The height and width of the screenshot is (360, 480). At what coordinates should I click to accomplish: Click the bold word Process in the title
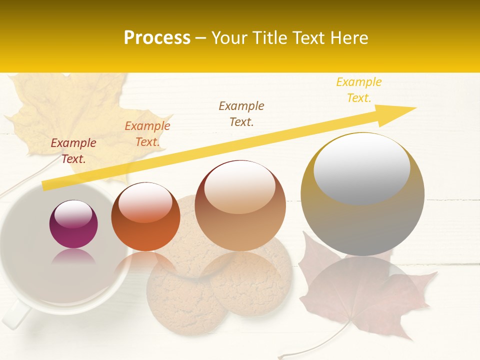(x=157, y=38)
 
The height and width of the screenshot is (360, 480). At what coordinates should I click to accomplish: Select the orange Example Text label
(x=147, y=134)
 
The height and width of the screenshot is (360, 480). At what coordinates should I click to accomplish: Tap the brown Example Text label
(x=241, y=113)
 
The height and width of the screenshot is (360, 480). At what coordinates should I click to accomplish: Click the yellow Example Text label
(x=359, y=89)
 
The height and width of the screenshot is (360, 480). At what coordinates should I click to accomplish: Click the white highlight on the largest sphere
(x=361, y=167)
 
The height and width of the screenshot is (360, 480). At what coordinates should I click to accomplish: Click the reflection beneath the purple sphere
(x=73, y=257)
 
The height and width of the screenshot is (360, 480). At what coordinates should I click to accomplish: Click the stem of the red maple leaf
(x=320, y=345)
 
